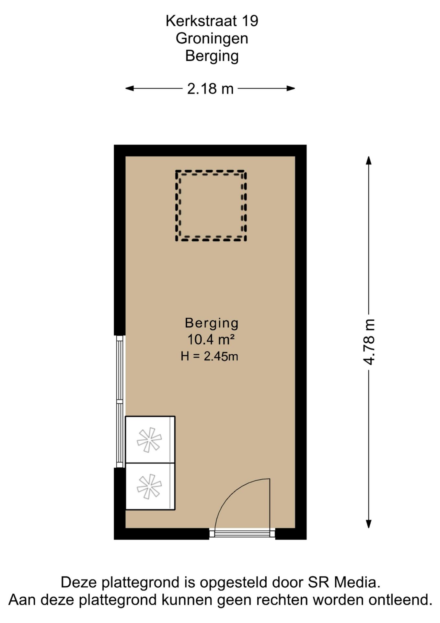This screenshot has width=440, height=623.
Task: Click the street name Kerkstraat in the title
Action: (x=196, y=21)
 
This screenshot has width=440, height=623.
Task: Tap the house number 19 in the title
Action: (x=250, y=21)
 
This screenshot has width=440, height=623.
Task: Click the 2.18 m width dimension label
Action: (x=210, y=88)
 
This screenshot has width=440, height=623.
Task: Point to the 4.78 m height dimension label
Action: (x=369, y=342)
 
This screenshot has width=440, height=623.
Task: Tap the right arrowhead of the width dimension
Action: (x=291, y=88)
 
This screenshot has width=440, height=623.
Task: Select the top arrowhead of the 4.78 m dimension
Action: (x=368, y=160)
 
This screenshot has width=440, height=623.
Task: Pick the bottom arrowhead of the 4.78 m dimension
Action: (x=368, y=524)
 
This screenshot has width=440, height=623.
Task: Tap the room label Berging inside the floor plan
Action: (x=212, y=323)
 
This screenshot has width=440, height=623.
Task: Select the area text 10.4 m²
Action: (x=211, y=339)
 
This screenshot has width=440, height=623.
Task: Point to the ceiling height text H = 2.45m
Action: (x=209, y=356)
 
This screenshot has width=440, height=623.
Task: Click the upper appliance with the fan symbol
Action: (x=150, y=439)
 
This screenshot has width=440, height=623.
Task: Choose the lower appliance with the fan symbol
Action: (x=150, y=486)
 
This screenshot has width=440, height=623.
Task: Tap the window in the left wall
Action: (x=120, y=401)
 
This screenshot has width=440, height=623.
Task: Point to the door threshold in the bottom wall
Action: (x=242, y=533)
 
